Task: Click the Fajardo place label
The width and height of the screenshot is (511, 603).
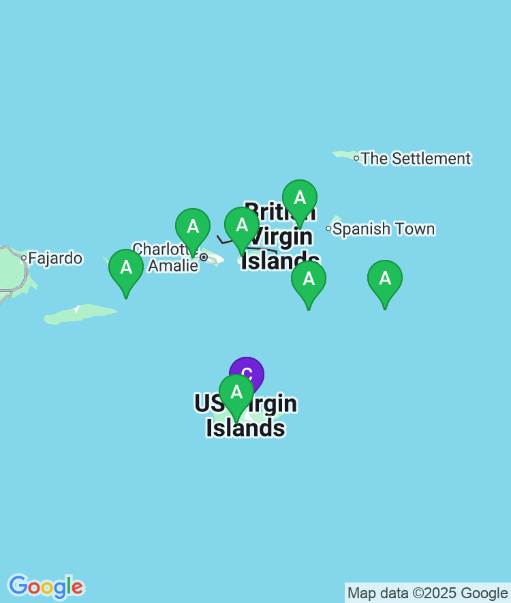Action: click(55, 259)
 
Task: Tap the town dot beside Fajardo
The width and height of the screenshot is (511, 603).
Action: click(24, 258)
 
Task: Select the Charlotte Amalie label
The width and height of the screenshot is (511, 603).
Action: click(166, 257)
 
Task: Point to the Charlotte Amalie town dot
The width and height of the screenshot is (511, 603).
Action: click(203, 257)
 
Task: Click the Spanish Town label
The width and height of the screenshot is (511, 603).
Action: click(384, 229)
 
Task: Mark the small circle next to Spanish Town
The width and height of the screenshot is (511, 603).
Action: click(328, 229)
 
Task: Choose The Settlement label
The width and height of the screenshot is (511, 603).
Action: click(416, 159)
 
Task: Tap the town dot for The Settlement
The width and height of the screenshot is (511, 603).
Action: click(356, 158)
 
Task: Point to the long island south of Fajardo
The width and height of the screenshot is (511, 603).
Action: click(80, 314)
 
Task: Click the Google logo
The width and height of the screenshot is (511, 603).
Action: click(46, 587)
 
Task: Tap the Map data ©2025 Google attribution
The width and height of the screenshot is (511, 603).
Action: click(427, 593)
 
